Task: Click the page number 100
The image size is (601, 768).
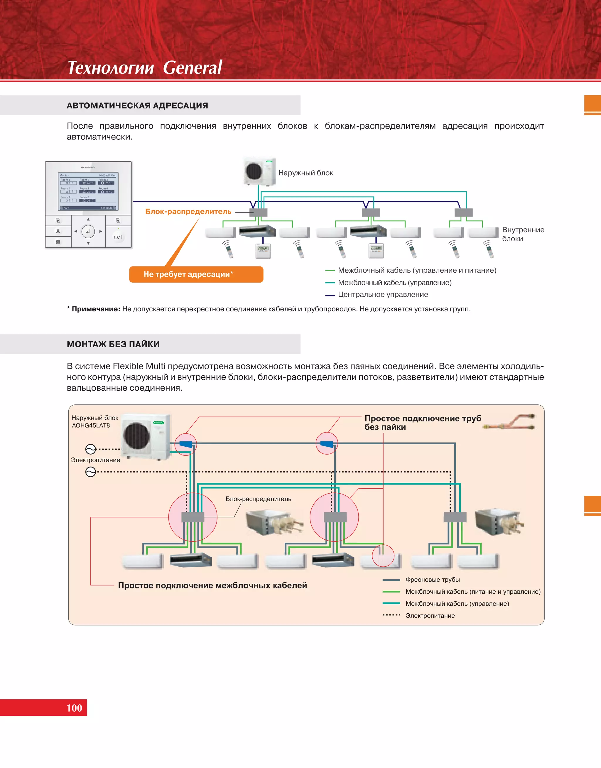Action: (x=74, y=708)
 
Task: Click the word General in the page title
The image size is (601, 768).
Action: (x=192, y=67)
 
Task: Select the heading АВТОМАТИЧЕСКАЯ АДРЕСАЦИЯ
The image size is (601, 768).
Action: (x=137, y=106)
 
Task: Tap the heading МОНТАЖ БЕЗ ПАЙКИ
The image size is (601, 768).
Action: (x=113, y=344)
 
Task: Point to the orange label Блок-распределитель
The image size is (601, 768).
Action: (x=188, y=211)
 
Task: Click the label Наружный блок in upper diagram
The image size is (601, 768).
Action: (x=305, y=173)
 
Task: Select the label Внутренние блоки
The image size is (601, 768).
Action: (x=523, y=234)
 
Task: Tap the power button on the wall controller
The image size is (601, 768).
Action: (x=118, y=237)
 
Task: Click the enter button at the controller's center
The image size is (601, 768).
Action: (x=88, y=232)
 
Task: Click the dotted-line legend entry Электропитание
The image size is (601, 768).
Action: (x=430, y=616)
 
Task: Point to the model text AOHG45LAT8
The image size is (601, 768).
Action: (x=91, y=425)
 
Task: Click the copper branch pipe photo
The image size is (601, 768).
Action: (x=509, y=422)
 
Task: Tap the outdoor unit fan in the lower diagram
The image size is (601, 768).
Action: (x=137, y=436)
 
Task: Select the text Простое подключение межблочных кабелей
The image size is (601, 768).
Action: (x=212, y=585)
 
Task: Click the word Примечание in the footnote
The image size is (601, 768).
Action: (x=96, y=309)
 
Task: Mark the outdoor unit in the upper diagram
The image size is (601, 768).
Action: (x=260, y=171)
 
